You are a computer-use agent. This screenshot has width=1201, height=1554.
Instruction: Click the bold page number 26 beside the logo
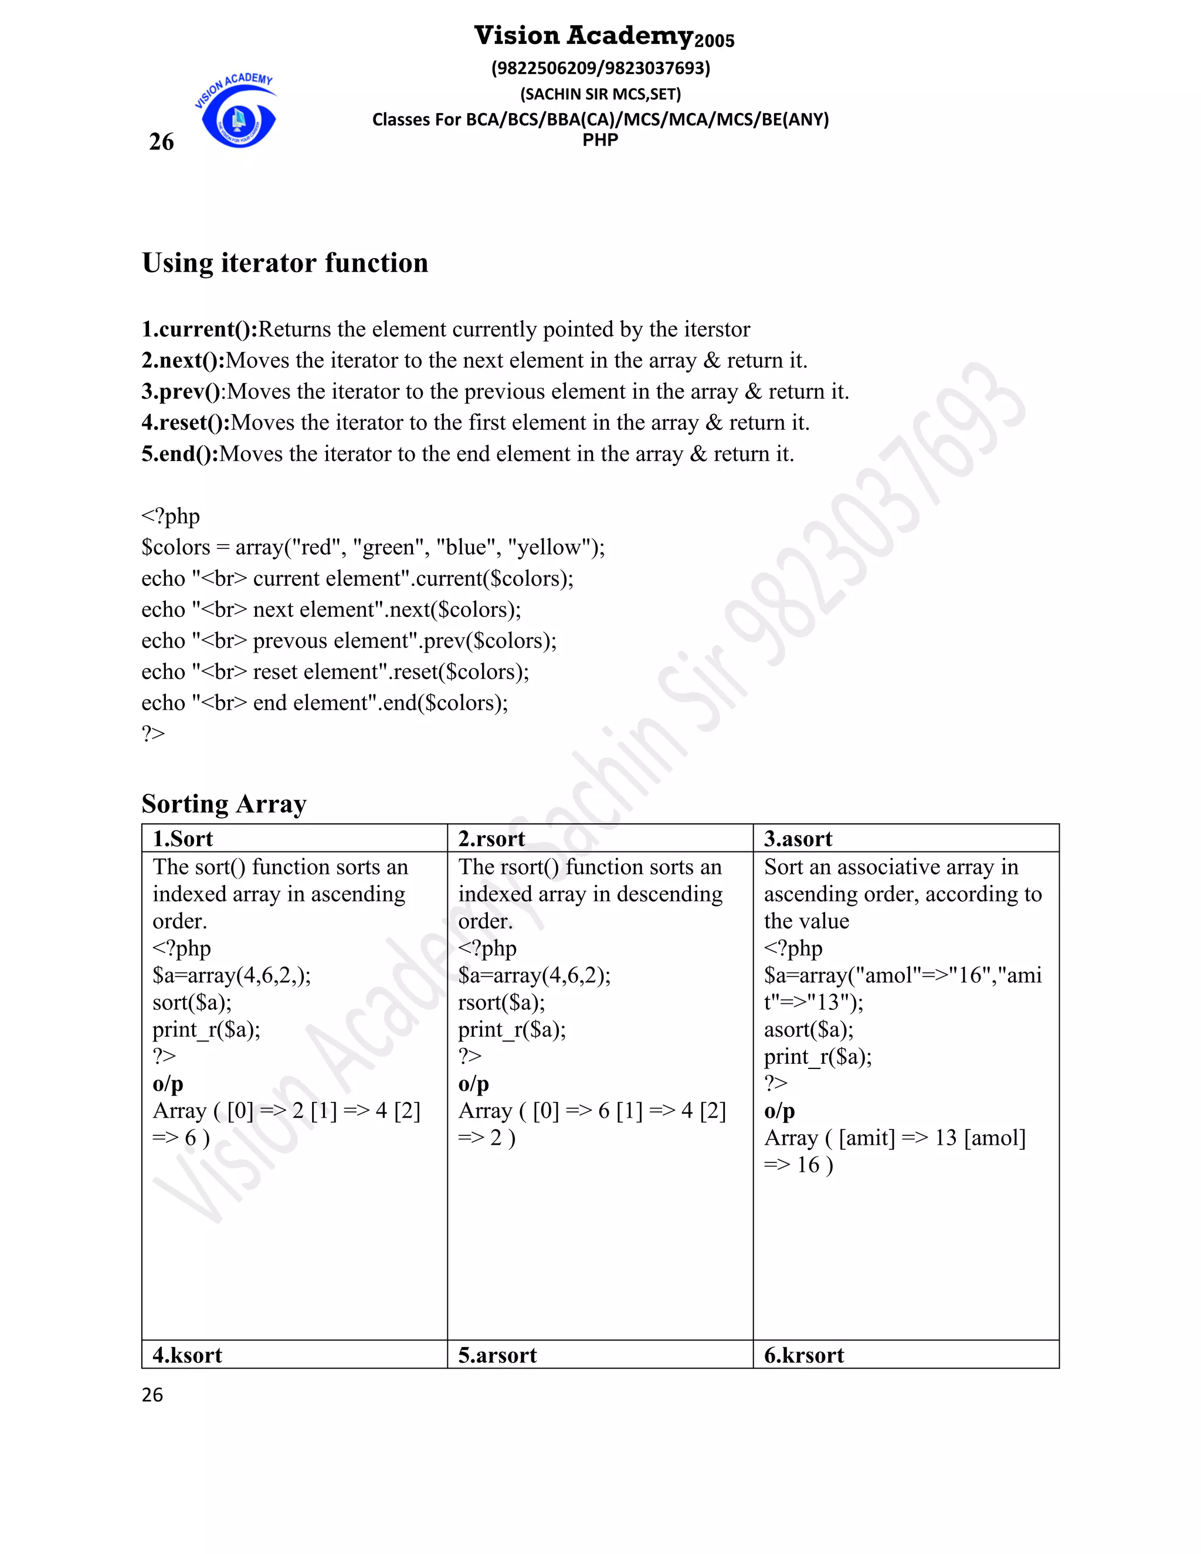(161, 141)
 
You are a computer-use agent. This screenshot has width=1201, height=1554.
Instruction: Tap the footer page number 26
(152, 1394)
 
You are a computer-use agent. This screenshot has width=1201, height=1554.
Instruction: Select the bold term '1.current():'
(199, 330)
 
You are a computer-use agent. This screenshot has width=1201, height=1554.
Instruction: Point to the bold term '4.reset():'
(186, 423)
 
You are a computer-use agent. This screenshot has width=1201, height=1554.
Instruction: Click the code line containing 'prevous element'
(349, 640)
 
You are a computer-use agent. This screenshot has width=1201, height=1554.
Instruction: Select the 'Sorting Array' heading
(223, 803)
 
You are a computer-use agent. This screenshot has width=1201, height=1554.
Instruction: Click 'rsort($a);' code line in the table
(501, 1003)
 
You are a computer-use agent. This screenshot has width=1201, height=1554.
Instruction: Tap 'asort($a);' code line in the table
(808, 1030)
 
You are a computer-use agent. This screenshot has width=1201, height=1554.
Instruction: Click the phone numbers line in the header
(600, 68)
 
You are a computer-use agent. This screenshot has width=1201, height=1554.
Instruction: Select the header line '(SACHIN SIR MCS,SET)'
(600, 94)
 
